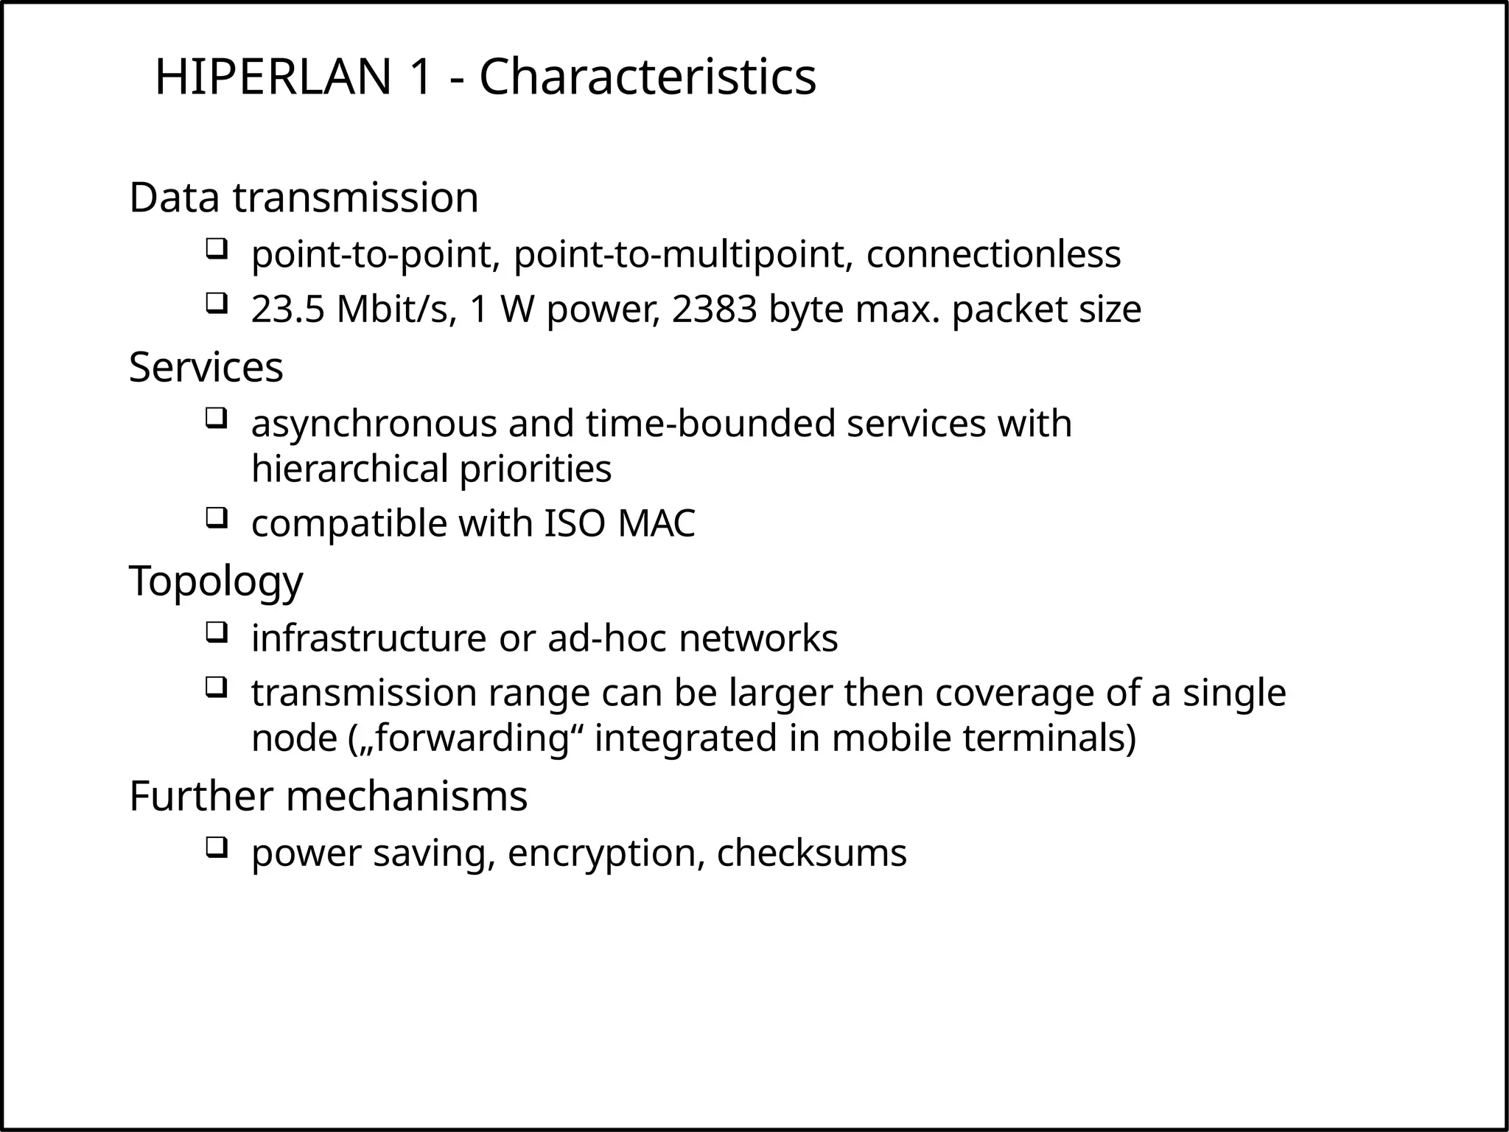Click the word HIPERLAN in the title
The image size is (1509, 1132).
coord(273,77)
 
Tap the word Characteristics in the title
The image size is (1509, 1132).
coord(648,77)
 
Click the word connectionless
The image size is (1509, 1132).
coord(993,254)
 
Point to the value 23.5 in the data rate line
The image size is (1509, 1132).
coord(288,310)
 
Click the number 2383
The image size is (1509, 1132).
coord(714,310)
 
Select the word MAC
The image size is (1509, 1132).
coord(657,524)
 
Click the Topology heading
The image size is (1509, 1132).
coord(216,581)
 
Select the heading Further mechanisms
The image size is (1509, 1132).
coord(328,796)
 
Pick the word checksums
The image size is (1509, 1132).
coord(811,853)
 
